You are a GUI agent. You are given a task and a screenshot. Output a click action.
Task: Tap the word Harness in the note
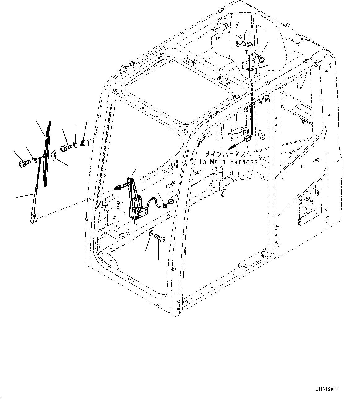[x=244, y=162]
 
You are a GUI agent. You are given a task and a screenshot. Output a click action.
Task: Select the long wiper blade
[x=47, y=154]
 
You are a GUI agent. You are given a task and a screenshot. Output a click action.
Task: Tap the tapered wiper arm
[x=36, y=190]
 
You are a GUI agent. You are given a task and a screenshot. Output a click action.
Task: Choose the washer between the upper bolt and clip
[x=76, y=145]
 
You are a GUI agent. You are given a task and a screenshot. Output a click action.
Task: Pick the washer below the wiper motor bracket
[x=151, y=232]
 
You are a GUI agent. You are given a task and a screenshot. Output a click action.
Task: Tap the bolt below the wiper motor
[x=160, y=238]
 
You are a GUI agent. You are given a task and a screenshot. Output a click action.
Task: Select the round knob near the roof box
[x=262, y=59]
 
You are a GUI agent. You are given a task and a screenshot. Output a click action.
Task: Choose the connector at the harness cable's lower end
[x=247, y=139]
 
